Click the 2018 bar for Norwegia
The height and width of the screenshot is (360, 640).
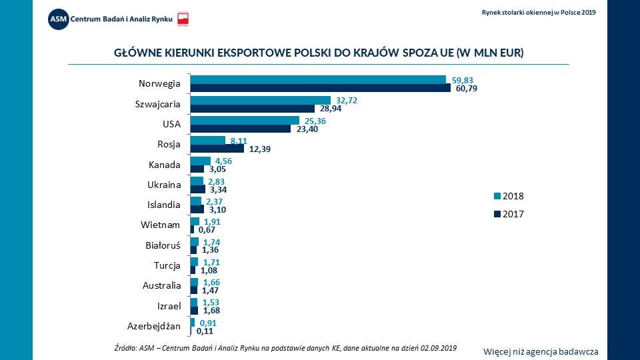[318, 79]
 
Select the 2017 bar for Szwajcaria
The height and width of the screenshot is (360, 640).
[253, 108]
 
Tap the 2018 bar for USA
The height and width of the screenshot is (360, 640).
[245, 120]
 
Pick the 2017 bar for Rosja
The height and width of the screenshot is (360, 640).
[217, 149]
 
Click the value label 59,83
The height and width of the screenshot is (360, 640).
[465, 79]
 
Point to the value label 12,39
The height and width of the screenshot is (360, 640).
[260, 149]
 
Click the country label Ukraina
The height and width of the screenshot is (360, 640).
[164, 185]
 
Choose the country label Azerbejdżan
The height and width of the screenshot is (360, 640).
[153, 326]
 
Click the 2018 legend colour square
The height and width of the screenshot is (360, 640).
[497, 196]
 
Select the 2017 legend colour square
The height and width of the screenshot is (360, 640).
[497, 215]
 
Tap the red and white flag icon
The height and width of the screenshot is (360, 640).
[183, 19]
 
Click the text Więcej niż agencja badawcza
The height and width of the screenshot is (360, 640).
[541, 351]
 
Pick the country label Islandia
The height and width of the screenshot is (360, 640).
[164, 205]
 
